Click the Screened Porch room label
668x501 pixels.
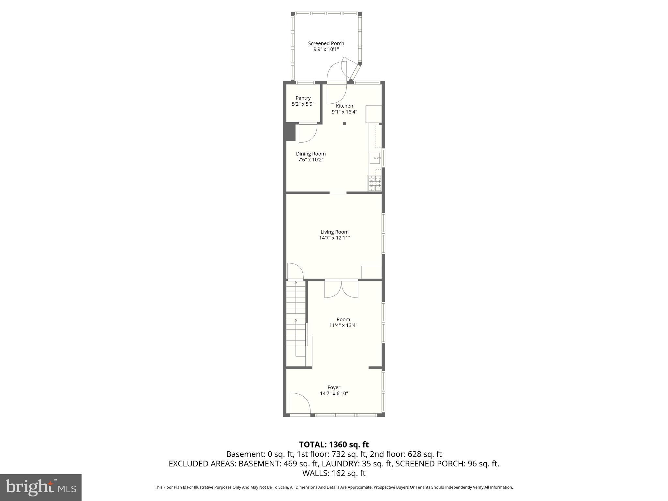tap(326, 43)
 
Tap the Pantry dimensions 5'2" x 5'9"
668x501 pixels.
tap(303, 104)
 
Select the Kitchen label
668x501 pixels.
tap(344, 106)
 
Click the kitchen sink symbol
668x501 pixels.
tap(375, 159)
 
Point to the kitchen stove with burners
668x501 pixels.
tap(374, 183)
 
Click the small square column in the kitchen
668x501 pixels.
tap(344, 123)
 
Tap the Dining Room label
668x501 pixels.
tap(311, 154)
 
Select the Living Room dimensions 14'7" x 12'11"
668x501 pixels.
tap(334, 238)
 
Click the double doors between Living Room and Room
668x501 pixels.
tap(341, 289)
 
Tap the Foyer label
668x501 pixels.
tap(334, 387)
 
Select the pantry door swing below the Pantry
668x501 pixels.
tap(308, 133)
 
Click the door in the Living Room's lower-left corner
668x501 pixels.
tap(295, 271)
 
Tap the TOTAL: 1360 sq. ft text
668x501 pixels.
tap(334, 444)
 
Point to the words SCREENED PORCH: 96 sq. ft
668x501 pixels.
tap(447, 463)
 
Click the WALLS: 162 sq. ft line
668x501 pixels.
tap(334, 473)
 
